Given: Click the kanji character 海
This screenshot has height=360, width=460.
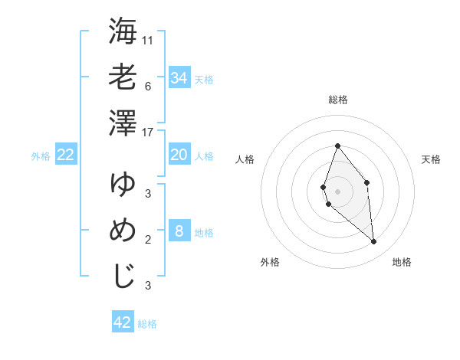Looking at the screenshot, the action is click(123, 32).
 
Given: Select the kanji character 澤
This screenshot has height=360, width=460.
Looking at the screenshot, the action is click(123, 124).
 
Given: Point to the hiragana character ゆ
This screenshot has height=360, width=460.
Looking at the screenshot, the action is click(123, 185).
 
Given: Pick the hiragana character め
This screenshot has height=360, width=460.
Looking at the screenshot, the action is click(123, 231).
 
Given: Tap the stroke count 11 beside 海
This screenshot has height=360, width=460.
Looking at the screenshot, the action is click(148, 39).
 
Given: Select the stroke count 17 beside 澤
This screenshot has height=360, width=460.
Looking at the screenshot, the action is click(148, 133).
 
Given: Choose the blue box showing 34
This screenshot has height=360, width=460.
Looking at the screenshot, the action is click(179, 78).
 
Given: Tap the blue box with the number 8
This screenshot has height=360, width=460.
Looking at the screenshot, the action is click(179, 231).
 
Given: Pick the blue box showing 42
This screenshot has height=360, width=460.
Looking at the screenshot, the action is click(123, 322).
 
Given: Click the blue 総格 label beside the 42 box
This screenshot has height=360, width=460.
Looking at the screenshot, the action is click(147, 324).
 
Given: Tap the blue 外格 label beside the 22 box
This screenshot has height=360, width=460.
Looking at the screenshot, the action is click(41, 156).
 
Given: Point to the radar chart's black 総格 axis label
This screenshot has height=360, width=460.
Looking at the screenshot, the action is click(337, 100).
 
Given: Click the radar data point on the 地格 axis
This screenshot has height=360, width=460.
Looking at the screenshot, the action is click(374, 241).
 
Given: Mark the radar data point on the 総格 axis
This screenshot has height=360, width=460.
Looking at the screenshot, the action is click(337, 146).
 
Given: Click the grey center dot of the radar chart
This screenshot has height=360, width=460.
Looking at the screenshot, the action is click(337, 191).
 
